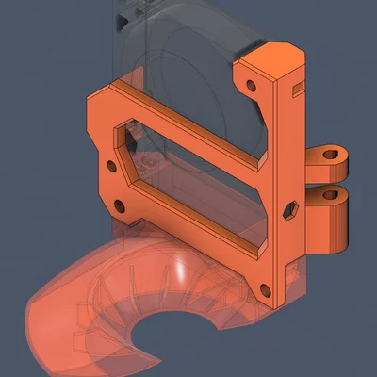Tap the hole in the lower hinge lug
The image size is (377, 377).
(x=331, y=195)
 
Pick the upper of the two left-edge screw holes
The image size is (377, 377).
(x=112, y=166)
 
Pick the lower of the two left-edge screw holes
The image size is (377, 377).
(x=120, y=205)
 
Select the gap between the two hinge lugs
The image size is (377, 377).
(x=330, y=178)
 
